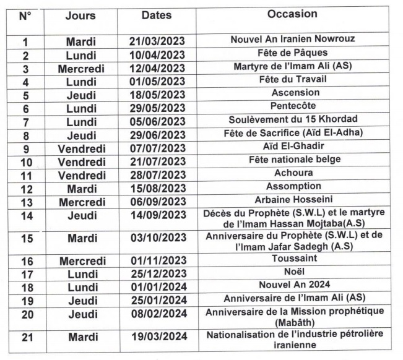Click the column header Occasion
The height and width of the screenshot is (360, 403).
[292, 14]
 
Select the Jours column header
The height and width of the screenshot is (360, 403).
[80, 15]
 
